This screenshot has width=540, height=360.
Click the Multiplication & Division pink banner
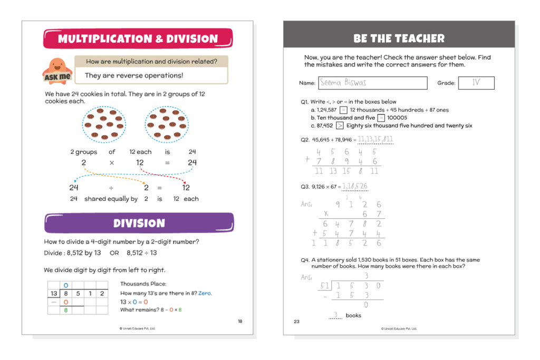(138, 38)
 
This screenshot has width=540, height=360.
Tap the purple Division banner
(139, 223)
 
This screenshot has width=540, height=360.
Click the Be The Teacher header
(399, 38)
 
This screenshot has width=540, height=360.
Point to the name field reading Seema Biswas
(372, 83)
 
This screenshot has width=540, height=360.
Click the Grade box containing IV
(476, 83)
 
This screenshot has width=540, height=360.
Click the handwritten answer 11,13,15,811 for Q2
(375, 140)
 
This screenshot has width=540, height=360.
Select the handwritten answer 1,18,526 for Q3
(355, 187)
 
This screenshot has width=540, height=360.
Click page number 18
(240, 321)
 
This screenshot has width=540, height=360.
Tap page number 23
(297, 321)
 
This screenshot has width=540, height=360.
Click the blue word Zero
(205, 293)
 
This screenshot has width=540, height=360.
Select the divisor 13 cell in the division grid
(53, 294)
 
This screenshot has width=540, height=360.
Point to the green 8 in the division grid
(66, 310)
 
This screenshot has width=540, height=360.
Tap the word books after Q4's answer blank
(353, 315)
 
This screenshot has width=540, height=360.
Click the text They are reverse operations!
(134, 75)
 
